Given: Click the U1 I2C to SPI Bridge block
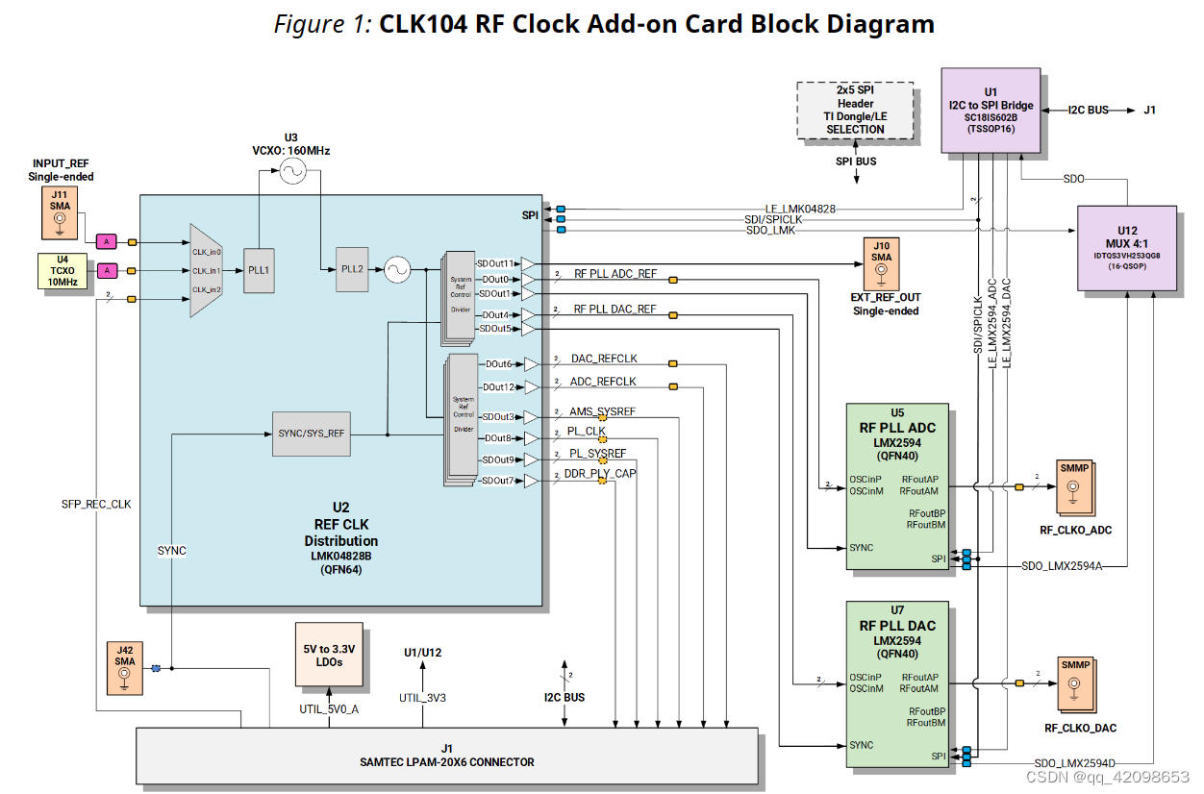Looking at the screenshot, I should pyautogui.click(x=991, y=110).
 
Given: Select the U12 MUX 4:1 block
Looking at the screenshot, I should pyautogui.click(x=1127, y=248).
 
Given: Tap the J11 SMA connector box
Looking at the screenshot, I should pyautogui.click(x=59, y=213).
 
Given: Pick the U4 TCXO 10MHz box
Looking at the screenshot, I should pyautogui.click(x=63, y=270).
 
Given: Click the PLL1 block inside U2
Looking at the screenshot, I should pyautogui.click(x=259, y=270).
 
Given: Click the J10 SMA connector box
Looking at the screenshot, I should pyautogui.click(x=881, y=263).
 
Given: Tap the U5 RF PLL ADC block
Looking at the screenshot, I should pyautogui.click(x=897, y=486).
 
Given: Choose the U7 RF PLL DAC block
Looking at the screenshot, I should pyautogui.click(x=897, y=683).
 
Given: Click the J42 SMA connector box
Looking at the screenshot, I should pyautogui.click(x=125, y=668).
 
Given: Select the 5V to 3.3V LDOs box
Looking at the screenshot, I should pyautogui.click(x=330, y=655).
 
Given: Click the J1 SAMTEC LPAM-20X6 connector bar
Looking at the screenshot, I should pyautogui.click(x=446, y=756).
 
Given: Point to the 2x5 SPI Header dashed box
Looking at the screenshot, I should pyautogui.click(x=855, y=110).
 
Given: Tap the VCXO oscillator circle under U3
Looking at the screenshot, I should pyautogui.click(x=291, y=172).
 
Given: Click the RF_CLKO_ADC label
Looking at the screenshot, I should pyautogui.click(x=1075, y=531).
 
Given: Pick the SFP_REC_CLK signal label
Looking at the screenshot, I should pyautogui.click(x=96, y=504).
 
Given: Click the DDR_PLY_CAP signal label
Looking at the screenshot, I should pyautogui.click(x=599, y=473).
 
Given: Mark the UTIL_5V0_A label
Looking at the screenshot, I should pyautogui.click(x=329, y=709).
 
